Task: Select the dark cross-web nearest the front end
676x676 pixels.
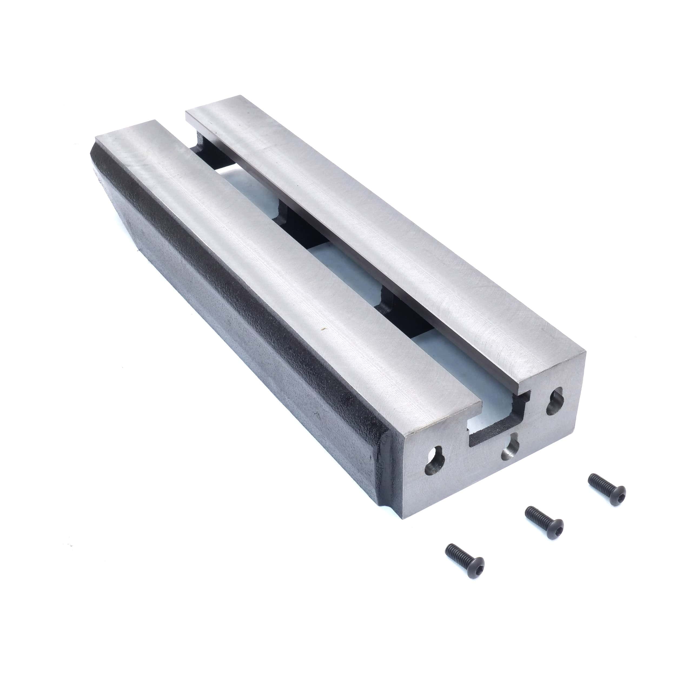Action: (x=399, y=315)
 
